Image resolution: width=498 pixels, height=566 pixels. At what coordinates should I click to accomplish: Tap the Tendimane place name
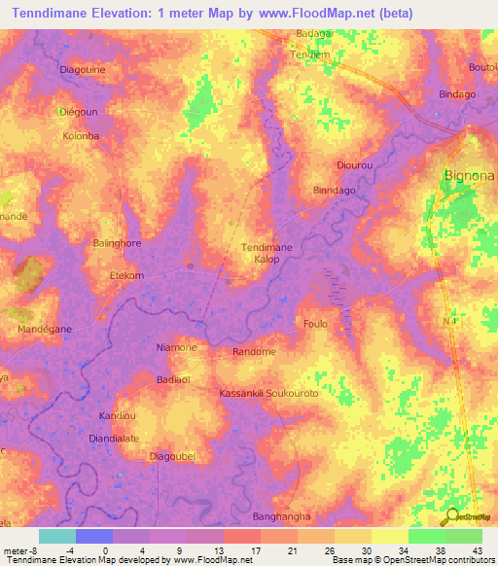pyautogui.click(x=267, y=248)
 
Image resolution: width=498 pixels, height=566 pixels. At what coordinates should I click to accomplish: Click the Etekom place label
pyautogui.click(x=126, y=276)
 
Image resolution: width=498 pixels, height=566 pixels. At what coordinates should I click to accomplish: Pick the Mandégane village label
pyautogui.click(x=45, y=330)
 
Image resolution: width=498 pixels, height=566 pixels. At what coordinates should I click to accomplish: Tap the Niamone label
pyautogui.click(x=176, y=347)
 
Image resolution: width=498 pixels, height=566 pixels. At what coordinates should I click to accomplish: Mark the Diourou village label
pyautogui.click(x=354, y=166)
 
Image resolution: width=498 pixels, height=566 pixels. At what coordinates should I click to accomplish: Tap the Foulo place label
pyautogui.click(x=315, y=323)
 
